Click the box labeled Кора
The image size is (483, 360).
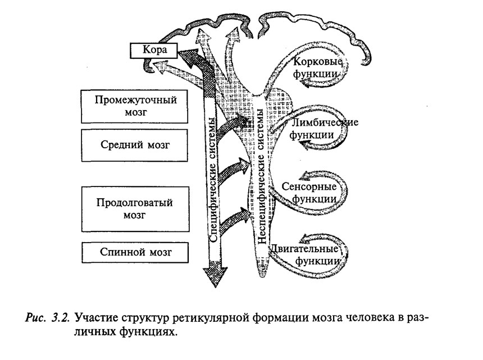(154, 50)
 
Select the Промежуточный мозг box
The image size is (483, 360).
(135, 107)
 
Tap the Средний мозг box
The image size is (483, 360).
(135, 145)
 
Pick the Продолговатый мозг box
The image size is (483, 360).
(135, 209)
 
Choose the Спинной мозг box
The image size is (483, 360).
(135, 252)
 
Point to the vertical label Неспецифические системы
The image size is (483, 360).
(261, 176)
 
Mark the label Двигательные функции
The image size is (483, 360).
(305, 255)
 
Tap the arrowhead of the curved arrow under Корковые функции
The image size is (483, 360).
(306, 83)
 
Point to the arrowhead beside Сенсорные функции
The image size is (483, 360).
(307, 176)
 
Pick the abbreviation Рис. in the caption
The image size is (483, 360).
(36, 317)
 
